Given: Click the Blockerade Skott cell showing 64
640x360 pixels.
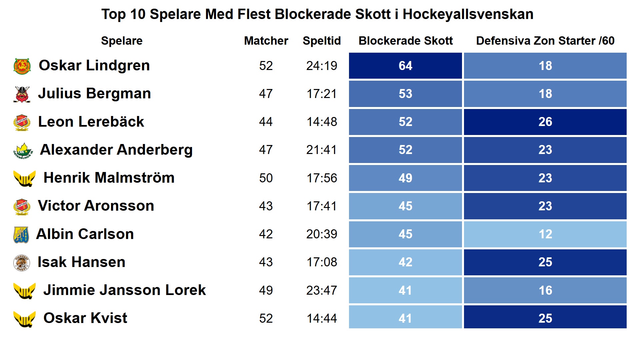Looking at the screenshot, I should (405, 66).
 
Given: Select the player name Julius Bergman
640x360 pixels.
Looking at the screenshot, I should (94, 93).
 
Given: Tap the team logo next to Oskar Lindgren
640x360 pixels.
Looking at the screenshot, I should (22, 66).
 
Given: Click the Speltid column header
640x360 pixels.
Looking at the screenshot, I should (322, 41).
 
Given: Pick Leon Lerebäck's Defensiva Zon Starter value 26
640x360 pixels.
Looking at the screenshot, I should (545, 122).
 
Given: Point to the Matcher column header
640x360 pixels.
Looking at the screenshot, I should (266, 41).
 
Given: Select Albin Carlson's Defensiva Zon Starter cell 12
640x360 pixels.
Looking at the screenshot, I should (545, 234).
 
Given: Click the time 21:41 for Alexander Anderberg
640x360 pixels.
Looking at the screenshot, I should (322, 150).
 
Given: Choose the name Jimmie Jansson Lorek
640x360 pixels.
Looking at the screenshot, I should (124, 290).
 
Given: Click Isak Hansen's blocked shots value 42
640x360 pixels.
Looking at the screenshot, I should (405, 262).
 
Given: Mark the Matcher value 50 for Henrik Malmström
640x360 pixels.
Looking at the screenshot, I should (266, 178).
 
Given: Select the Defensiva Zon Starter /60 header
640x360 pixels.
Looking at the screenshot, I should (545, 41).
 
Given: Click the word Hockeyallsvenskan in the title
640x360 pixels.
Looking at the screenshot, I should (468, 14).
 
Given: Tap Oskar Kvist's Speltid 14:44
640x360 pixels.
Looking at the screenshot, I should (322, 318).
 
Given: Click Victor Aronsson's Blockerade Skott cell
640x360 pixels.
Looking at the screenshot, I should (405, 206).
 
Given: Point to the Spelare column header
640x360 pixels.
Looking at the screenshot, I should (122, 41).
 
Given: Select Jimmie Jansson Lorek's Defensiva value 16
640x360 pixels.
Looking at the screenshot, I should (545, 290).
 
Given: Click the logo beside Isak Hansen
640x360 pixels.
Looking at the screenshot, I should (22, 263).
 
